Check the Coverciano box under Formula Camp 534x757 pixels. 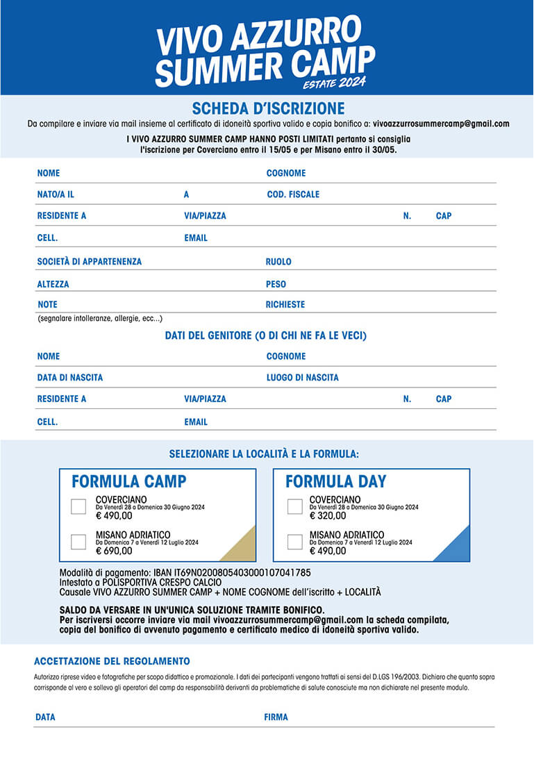(x=78, y=506)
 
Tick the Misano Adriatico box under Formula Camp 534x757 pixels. (x=78, y=541)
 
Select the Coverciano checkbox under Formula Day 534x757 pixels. (x=294, y=506)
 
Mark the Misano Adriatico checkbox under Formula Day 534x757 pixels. (x=294, y=541)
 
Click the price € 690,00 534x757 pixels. (x=114, y=551)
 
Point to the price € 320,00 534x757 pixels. (x=328, y=516)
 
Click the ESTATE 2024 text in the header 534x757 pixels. (x=334, y=83)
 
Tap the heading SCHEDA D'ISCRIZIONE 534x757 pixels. (x=268, y=108)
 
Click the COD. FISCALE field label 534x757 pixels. (x=293, y=194)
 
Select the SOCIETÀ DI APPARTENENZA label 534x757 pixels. (x=89, y=262)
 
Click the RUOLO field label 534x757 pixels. (x=278, y=262)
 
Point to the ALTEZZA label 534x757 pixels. (x=53, y=284)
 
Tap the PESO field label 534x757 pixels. (x=276, y=284)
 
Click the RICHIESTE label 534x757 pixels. (x=285, y=304)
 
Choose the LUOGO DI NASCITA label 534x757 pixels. (x=303, y=378)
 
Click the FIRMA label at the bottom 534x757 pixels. (x=276, y=717)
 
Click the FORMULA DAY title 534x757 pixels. (x=336, y=481)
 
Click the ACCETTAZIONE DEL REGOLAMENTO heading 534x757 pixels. (x=112, y=661)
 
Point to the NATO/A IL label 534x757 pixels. (x=56, y=194)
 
